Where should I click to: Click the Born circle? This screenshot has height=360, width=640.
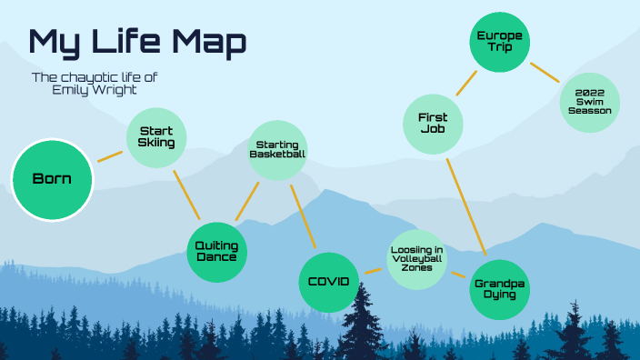tap(53, 179)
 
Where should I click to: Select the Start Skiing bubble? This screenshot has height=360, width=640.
tap(156, 137)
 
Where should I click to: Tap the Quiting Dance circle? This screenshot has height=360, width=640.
tap(217, 251)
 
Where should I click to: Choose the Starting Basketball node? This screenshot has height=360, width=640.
tap(277, 150)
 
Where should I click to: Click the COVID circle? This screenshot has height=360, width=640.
tap(329, 282)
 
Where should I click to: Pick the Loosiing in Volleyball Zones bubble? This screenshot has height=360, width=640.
tap(416, 259)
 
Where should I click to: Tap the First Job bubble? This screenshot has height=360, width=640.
tap(433, 124)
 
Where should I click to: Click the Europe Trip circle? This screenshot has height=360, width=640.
tap(499, 41)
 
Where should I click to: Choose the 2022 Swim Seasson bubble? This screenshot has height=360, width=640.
tap(590, 103)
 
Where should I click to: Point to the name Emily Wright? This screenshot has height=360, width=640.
tap(95, 91)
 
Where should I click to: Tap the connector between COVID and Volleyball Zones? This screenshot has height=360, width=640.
tap(372, 270)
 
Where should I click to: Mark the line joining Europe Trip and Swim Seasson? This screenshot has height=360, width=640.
tap(545, 72)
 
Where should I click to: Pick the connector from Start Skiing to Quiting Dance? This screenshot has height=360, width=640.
tap(186, 194)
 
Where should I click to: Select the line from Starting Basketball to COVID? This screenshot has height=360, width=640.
tap(302, 217)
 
